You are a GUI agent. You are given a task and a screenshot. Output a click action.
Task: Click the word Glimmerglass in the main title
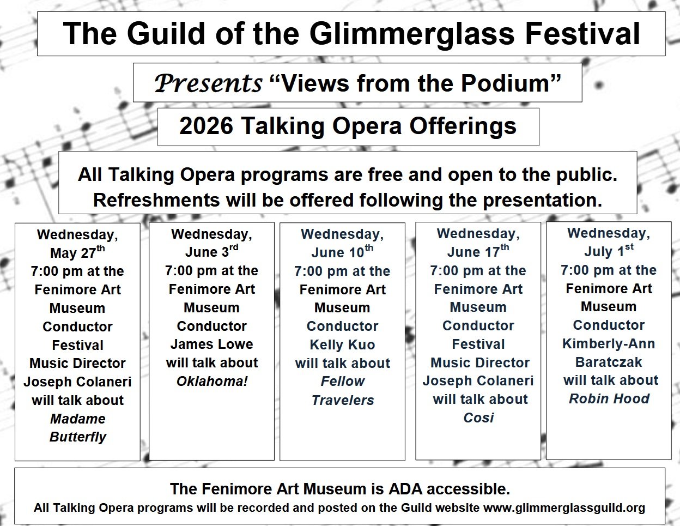pos(412,34)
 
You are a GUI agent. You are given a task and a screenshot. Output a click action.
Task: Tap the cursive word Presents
pos(208,83)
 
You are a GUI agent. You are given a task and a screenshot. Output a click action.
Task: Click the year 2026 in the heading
pos(206,126)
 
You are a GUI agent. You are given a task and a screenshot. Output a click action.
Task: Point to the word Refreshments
pos(156,199)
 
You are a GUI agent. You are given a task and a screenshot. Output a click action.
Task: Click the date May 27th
pos(77,252)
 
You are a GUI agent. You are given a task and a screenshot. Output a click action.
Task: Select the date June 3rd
pos(211,251)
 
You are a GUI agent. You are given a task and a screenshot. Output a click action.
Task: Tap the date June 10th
pos(342,252)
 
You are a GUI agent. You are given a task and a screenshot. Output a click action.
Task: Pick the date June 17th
pos(478,251)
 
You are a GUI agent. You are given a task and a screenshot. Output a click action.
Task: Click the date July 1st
pos(609,251)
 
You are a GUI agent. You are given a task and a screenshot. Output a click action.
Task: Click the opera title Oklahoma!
pos(212,381)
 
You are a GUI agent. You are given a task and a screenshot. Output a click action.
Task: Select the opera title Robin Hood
pos(609,398)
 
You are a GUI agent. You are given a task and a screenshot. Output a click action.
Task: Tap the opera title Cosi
pos(478,418)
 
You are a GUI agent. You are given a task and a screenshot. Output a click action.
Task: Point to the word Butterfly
pos(77,437)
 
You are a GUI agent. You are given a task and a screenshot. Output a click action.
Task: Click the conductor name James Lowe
pos(211,344)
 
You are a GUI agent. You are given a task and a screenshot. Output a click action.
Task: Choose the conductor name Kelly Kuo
pos(342,344)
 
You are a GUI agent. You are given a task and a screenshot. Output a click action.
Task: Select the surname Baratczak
pos(609,362)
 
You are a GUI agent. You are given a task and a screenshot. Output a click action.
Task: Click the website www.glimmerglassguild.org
pos(564,508)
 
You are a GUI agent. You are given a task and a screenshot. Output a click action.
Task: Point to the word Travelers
pos(343,400)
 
